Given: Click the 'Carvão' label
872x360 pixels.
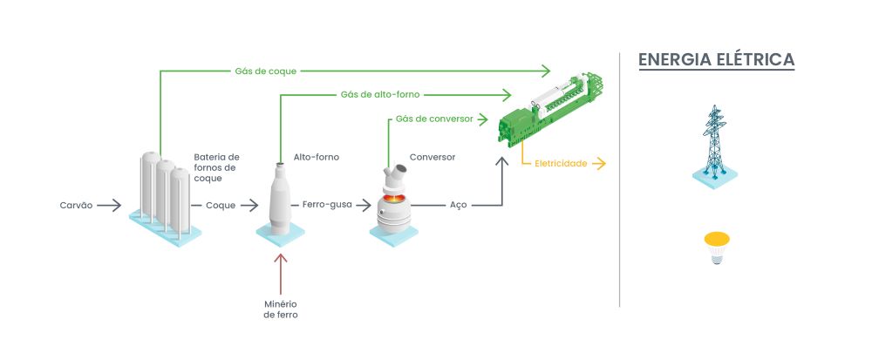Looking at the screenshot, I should point(76,206).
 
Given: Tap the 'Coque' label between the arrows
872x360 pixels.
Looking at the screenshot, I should point(220,206).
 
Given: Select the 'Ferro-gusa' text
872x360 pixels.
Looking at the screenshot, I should point(327,206).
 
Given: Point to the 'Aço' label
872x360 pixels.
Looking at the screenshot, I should point(458,206).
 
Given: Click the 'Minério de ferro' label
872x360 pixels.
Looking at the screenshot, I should point(281,309).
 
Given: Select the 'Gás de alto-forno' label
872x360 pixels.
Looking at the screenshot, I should point(376,93).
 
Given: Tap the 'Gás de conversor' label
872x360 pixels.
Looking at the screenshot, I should point(434,119).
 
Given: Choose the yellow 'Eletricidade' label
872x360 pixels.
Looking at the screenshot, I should point(561,163).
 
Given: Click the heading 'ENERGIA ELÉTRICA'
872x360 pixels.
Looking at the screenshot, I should point(716,60).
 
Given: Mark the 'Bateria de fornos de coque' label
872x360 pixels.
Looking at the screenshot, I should point(216,167).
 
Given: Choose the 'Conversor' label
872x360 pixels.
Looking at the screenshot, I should point(433,158).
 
